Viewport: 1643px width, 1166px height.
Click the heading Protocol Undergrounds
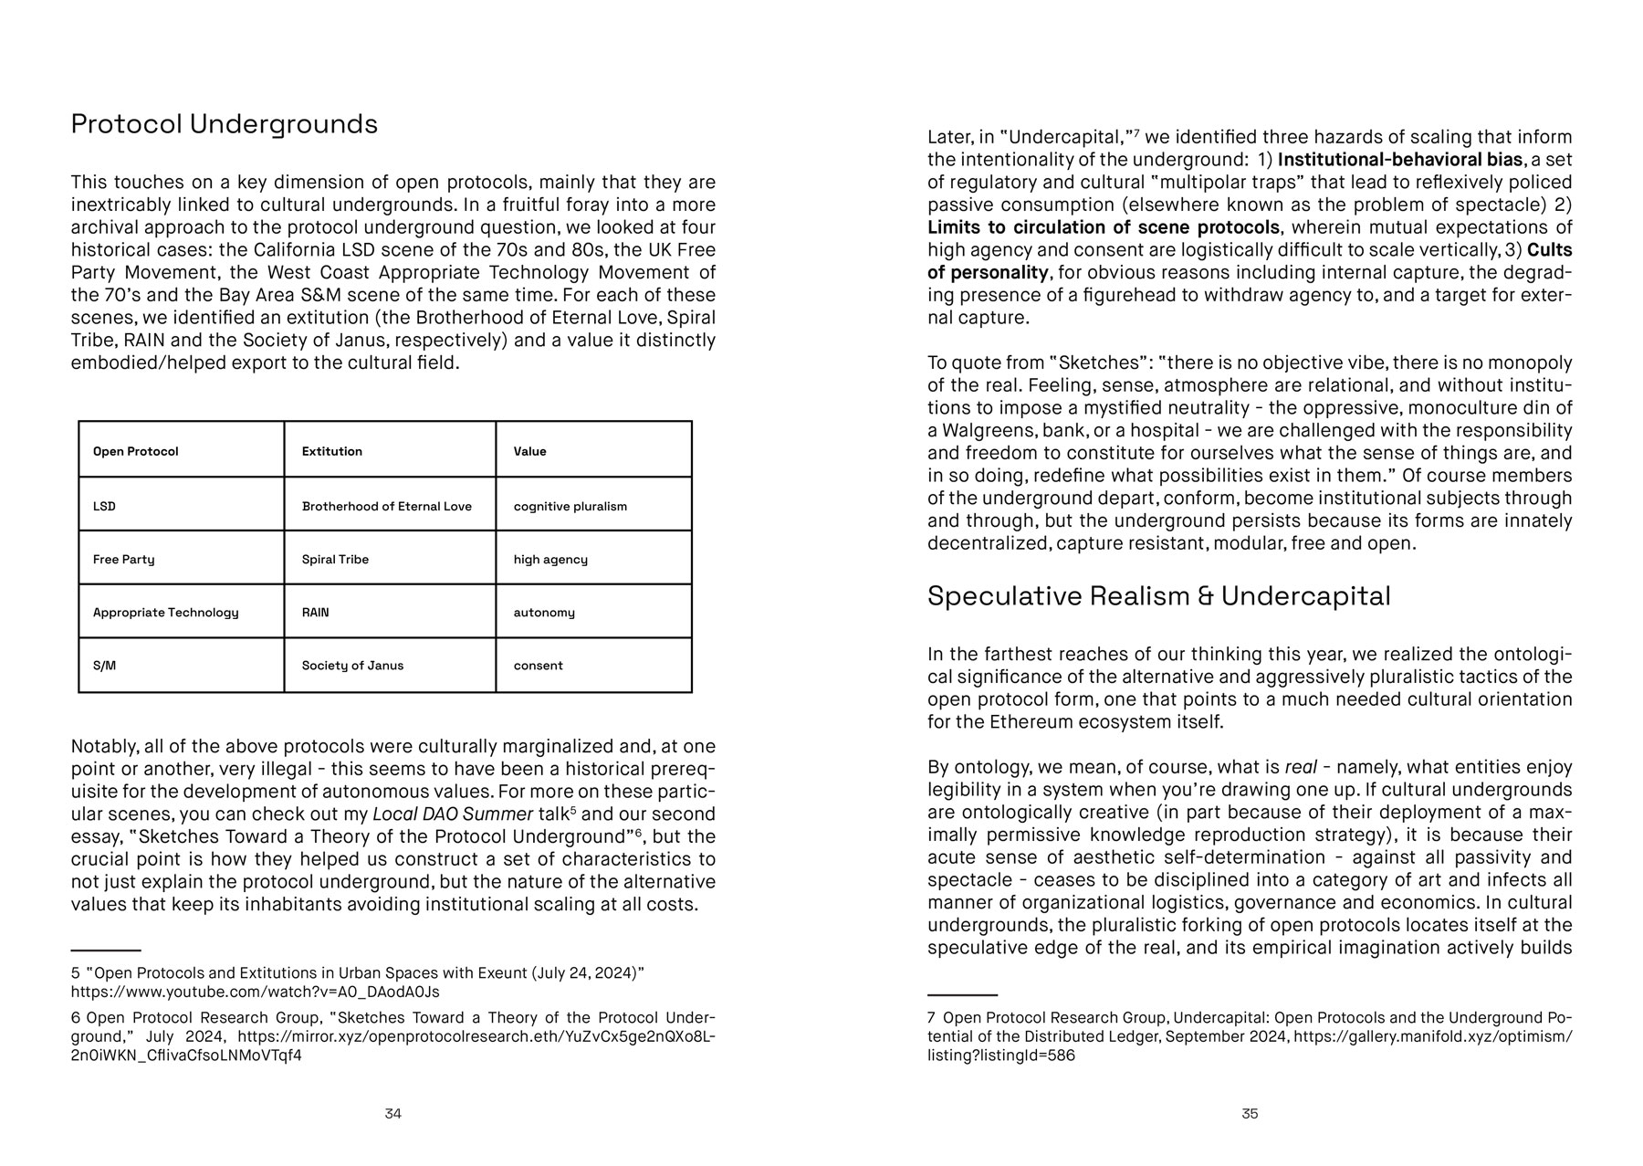click(224, 124)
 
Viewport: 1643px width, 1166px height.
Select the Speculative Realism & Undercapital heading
click(1158, 596)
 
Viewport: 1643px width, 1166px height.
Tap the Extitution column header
click(331, 452)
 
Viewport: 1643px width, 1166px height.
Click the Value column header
click(529, 452)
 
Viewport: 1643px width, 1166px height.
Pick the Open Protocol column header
click(135, 452)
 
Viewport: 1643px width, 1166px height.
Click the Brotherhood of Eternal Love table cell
click(386, 507)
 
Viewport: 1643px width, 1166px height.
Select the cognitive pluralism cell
click(570, 507)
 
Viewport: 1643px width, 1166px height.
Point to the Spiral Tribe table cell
click(335, 560)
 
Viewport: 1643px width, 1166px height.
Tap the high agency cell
click(550, 560)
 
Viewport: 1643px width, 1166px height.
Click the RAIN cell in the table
click(315, 613)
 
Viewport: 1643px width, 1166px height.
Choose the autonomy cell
click(544, 613)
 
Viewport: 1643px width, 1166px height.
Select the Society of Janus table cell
click(352, 666)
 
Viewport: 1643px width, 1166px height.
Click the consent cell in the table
click(538, 666)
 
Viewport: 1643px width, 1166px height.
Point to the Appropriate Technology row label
click(165, 613)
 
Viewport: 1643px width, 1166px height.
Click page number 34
click(392, 1114)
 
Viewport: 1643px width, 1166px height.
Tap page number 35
click(1250, 1114)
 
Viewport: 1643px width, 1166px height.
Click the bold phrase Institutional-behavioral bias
click(1399, 160)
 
